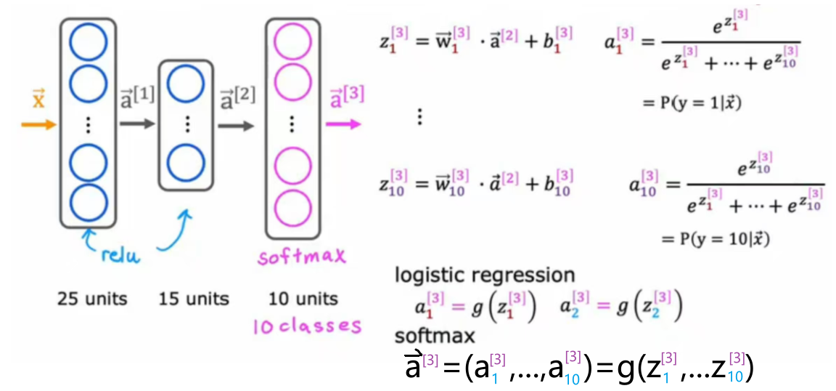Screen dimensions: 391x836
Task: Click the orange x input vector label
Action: click(x=39, y=99)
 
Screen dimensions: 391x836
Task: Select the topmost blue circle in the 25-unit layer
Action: click(x=87, y=42)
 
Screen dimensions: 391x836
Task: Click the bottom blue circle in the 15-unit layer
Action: click(x=187, y=161)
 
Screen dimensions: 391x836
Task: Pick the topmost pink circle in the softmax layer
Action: click(x=292, y=42)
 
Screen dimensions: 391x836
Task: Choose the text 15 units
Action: click(x=193, y=298)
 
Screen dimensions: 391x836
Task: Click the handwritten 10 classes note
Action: click(x=306, y=326)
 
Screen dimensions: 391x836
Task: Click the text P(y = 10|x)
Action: click(x=716, y=238)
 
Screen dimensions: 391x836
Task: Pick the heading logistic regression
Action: click(x=485, y=275)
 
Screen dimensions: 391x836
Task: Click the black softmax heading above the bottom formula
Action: click(x=435, y=336)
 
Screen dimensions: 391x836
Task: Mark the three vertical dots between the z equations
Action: click(x=419, y=116)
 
